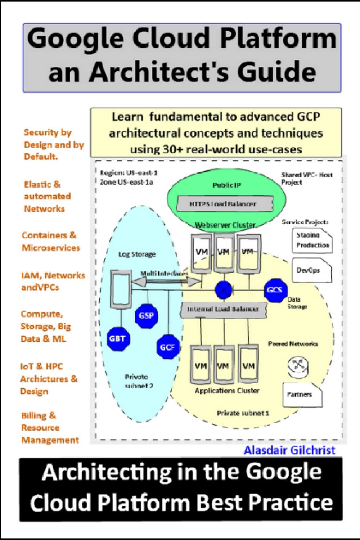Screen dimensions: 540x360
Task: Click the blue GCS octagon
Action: tap(274, 290)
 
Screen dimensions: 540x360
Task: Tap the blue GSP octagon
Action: tap(146, 316)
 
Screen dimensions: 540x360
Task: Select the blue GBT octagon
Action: tap(117, 338)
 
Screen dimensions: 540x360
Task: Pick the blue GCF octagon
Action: tap(167, 347)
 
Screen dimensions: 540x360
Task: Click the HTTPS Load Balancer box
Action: tap(224, 204)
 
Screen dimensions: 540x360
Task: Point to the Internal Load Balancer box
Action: tap(223, 309)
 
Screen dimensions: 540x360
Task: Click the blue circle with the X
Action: tap(224, 290)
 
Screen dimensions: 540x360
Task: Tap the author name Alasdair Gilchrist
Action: tap(289, 450)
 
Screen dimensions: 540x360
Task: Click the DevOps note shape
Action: tap(311, 270)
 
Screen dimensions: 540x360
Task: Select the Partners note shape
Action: tap(302, 395)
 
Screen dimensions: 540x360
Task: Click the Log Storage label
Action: tap(137, 255)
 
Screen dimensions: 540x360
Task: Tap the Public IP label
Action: tap(226, 185)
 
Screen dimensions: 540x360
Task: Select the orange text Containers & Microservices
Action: tap(50, 242)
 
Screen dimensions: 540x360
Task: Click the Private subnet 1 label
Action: tap(243, 413)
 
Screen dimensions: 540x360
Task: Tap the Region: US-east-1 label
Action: tap(129, 173)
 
